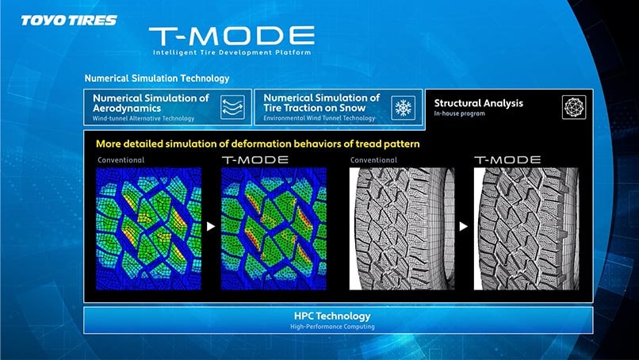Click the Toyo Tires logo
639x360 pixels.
point(69,21)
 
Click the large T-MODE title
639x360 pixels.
point(231,36)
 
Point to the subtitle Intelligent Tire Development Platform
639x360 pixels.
point(231,52)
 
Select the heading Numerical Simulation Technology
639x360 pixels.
point(157,79)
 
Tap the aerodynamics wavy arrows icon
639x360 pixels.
point(233,108)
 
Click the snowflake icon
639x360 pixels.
point(403,108)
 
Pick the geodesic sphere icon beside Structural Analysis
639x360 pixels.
point(574,107)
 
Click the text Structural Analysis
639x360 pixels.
point(478,103)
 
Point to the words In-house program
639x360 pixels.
point(459,113)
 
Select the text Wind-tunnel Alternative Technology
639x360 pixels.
point(143,119)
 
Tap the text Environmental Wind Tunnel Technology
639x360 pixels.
point(319,118)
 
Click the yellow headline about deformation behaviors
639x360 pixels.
point(258,144)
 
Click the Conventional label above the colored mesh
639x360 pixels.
point(121,160)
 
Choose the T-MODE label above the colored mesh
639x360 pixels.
point(255,160)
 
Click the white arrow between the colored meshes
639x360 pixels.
point(211,226)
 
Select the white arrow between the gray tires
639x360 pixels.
point(463,226)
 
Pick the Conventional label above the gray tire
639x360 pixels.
point(373,160)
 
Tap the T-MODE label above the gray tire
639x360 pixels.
point(507,160)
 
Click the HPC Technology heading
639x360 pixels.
point(332,316)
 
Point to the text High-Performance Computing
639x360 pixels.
point(332,327)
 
